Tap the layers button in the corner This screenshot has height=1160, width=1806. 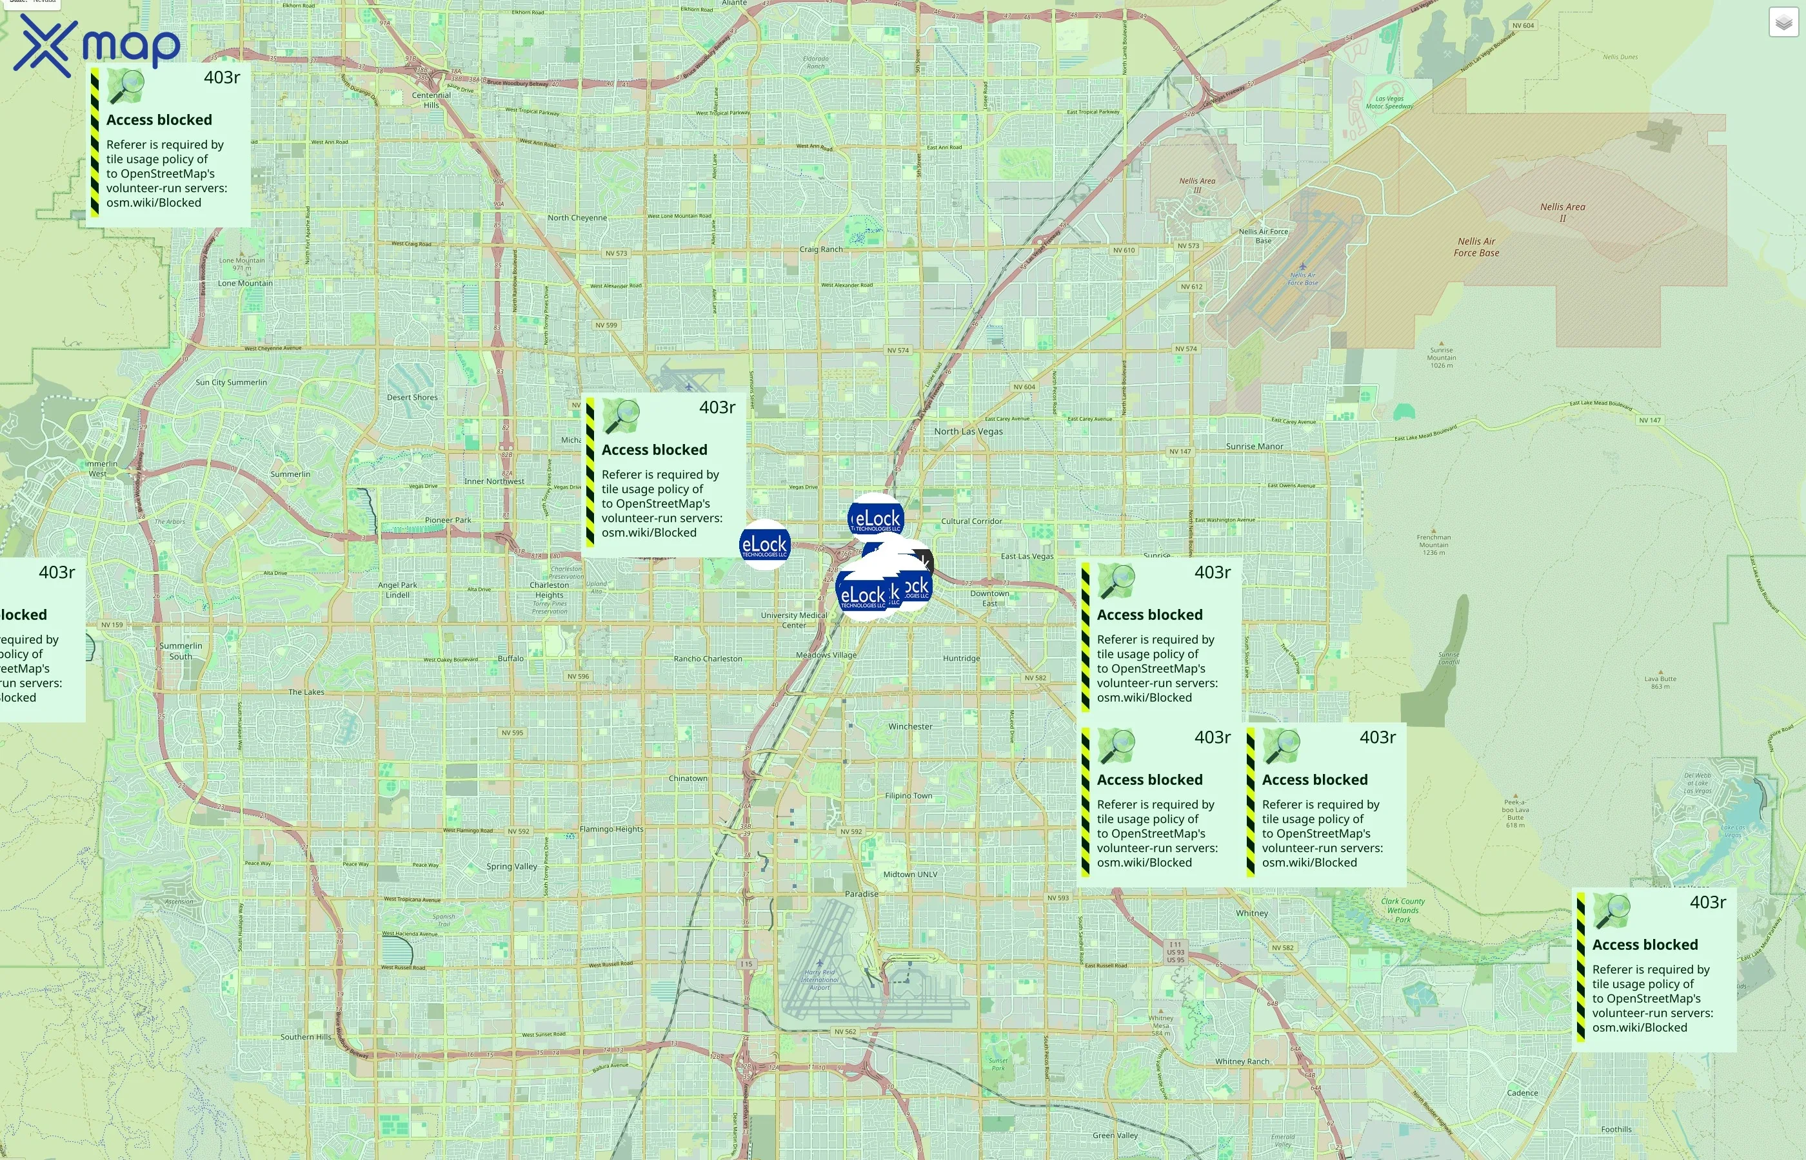pos(1783,23)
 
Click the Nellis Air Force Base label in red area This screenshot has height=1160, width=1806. pos(1476,247)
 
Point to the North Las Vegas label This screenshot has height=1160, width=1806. pos(968,432)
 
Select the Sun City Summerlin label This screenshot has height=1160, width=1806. pos(231,383)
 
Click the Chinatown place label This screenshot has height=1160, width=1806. pos(688,778)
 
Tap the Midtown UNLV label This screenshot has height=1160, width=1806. pos(910,875)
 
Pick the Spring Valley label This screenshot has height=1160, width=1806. pos(511,866)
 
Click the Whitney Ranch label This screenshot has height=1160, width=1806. pos(1242,1061)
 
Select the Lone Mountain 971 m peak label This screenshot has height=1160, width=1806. pos(242,264)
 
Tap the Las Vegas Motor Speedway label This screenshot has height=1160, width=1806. pos(1389,102)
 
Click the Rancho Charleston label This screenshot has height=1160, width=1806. pos(707,659)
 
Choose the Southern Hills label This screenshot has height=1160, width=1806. pos(305,1037)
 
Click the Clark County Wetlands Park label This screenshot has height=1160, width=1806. pos(1402,910)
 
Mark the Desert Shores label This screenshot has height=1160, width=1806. pos(412,398)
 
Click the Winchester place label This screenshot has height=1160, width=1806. pos(910,727)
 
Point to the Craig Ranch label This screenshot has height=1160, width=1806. pos(821,249)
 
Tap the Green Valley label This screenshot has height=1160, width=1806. pos(1115,1135)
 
